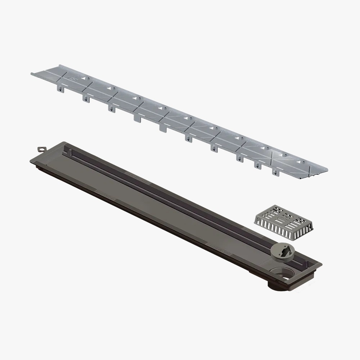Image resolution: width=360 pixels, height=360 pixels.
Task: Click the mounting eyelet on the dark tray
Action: (x=42, y=148)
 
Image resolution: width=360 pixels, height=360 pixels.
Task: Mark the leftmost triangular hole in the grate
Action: (x=84, y=77)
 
